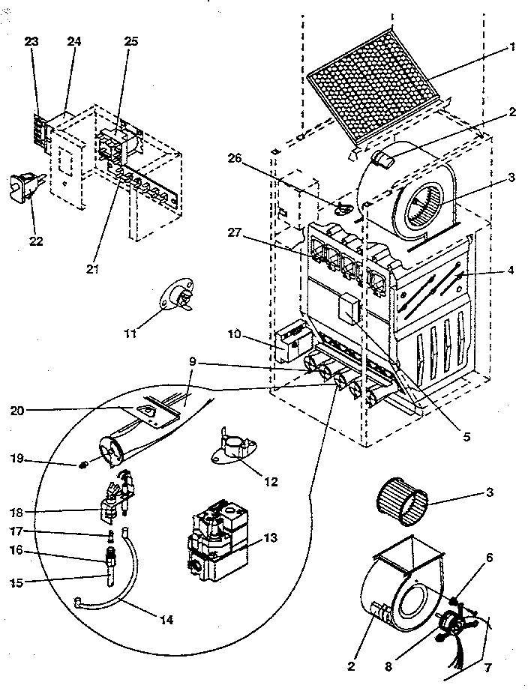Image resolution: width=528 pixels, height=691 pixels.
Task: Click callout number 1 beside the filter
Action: (x=513, y=46)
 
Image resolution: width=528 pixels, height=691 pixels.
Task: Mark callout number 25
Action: (x=131, y=43)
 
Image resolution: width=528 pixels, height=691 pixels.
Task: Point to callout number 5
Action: (x=466, y=436)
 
